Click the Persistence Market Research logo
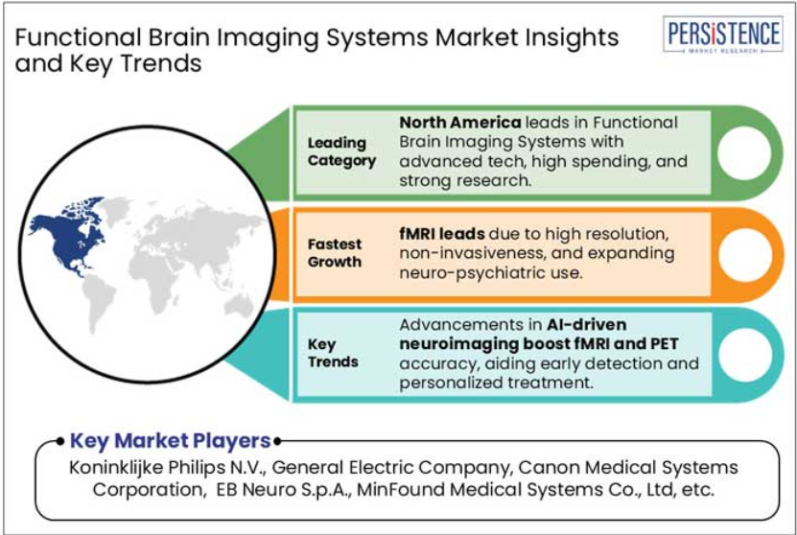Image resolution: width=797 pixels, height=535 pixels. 723,35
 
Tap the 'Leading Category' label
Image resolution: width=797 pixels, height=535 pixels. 341,151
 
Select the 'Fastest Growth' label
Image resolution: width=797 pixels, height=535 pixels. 335,253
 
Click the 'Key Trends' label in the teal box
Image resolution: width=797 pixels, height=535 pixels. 333,353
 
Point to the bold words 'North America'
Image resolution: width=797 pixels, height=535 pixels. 460,123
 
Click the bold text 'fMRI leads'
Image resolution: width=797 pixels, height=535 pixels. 442,234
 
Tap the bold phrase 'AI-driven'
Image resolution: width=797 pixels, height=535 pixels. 587,324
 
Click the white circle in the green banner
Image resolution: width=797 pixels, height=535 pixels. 744,153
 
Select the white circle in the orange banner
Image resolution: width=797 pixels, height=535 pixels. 744,254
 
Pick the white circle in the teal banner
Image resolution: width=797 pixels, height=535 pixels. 744,355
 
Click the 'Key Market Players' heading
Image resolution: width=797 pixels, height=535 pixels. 170,440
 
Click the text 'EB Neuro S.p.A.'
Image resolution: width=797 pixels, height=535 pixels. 284,490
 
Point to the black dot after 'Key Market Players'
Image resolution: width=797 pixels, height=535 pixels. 277,441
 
